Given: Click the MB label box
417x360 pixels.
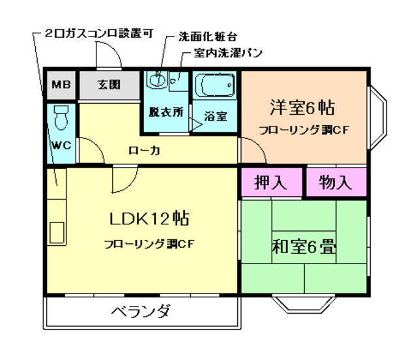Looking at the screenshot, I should tap(61, 84).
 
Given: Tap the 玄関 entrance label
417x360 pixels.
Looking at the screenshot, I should tap(109, 84).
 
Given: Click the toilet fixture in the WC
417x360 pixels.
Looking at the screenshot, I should tap(61, 117).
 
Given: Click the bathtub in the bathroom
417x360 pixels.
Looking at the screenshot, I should tap(215, 85).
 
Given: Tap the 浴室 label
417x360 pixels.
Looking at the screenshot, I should tap(215, 117).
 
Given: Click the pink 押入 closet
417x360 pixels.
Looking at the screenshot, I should tap(270, 183).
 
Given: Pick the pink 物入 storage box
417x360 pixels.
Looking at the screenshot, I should tap(336, 183).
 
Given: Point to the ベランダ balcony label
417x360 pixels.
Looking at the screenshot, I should tap(140, 311).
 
